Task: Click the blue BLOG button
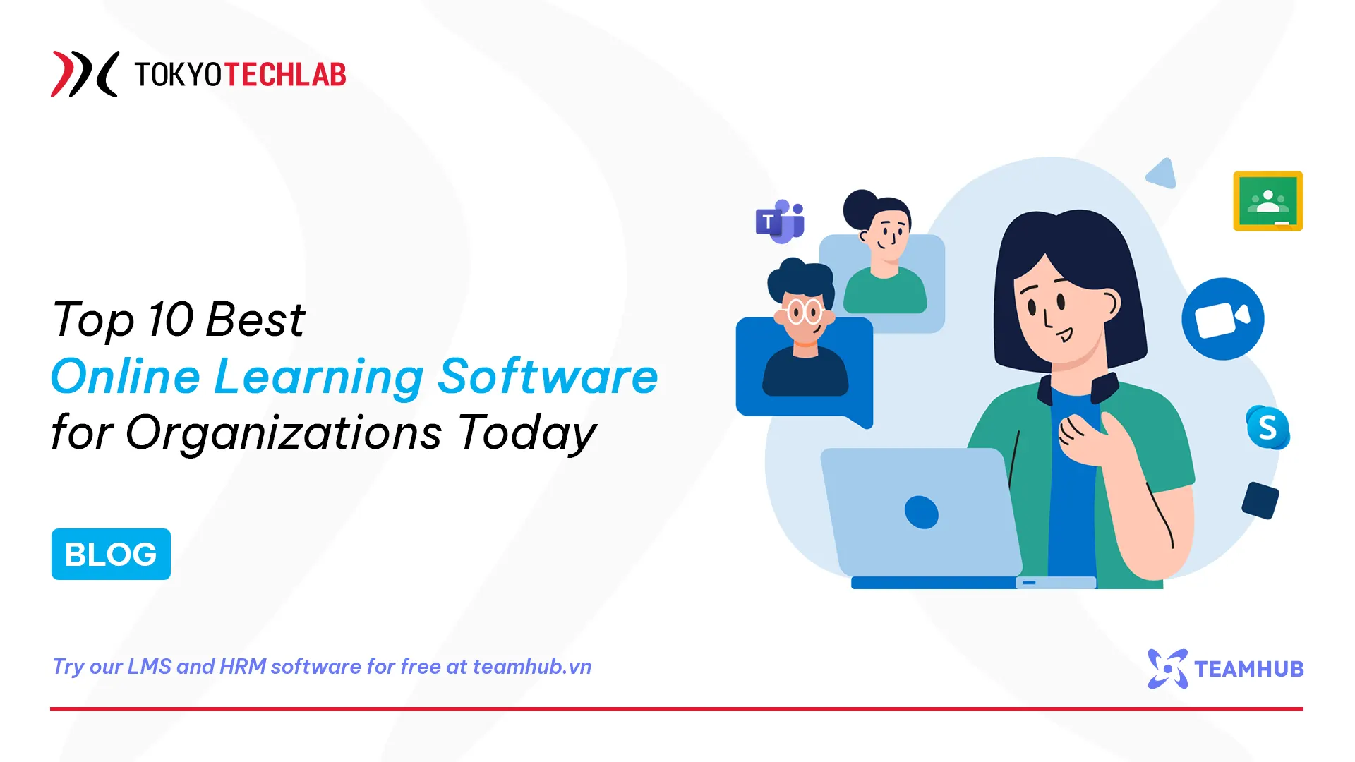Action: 111,554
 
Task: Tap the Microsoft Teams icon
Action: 780,222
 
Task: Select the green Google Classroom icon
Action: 1267,201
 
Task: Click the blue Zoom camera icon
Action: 1222,319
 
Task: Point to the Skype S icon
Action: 1267,428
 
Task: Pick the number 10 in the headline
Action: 170,319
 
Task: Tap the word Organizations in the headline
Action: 284,432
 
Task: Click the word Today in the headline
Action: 527,432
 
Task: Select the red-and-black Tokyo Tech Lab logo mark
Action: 84,74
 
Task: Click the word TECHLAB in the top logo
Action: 285,75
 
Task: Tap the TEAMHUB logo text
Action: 1248,669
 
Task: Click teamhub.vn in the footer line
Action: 532,667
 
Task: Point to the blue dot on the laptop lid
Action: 921,512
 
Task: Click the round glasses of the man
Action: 805,311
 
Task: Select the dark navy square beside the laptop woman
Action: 1260,500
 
